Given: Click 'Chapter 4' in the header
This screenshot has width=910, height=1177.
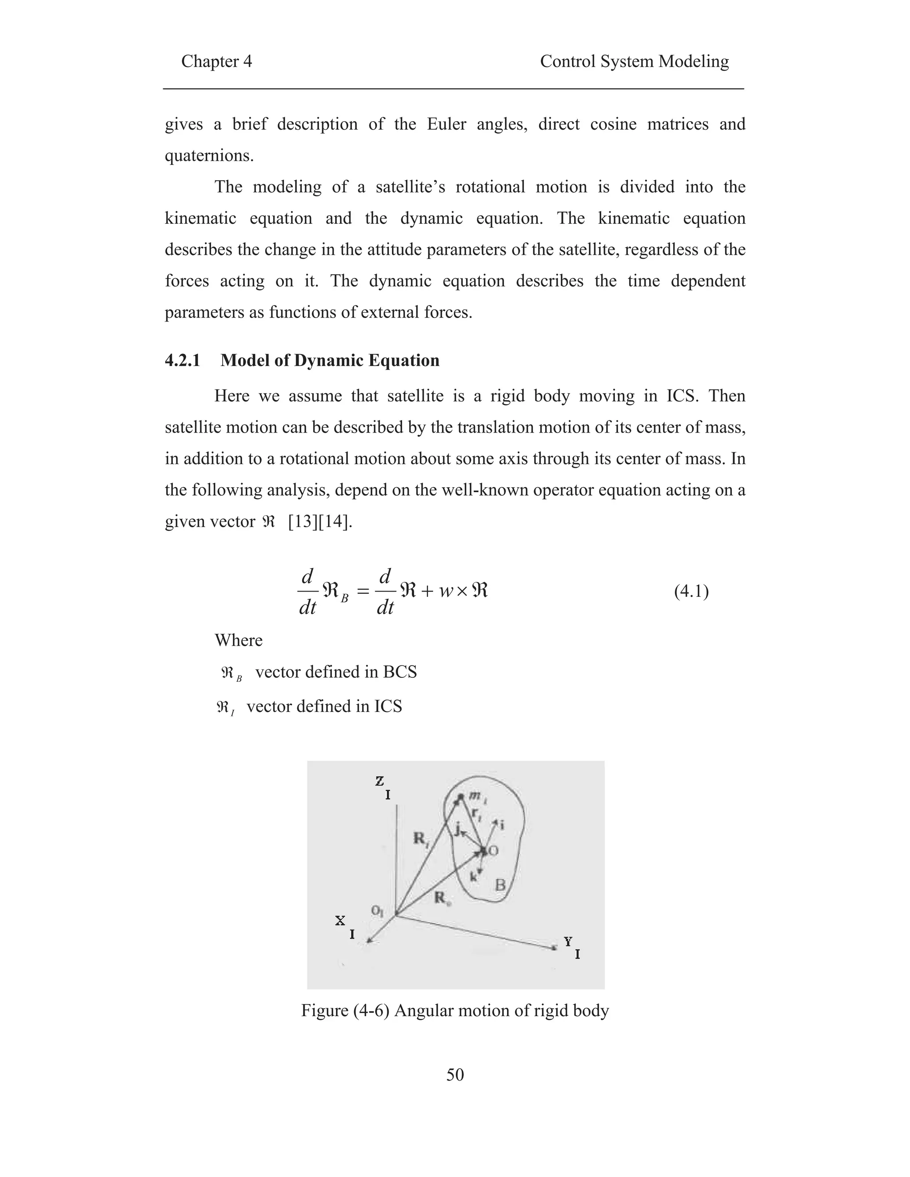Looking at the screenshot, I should (x=216, y=61).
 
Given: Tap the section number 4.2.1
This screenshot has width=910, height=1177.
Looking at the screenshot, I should (x=182, y=360).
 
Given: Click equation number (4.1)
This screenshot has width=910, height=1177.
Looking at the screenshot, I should (x=691, y=592).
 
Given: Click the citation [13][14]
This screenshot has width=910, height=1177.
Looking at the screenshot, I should (x=320, y=522).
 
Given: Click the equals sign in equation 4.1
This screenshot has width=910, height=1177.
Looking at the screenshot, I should (x=364, y=592).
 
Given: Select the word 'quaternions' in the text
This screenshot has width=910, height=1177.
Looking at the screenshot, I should (x=209, y=156).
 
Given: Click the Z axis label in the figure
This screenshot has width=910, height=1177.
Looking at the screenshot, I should (x=379, y=781).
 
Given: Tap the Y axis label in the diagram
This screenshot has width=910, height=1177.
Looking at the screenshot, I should (x=568, y=942).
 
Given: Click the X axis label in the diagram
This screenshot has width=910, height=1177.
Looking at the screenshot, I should (x=340, y=920).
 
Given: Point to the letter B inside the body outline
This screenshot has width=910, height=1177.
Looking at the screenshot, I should (x=500, y=884).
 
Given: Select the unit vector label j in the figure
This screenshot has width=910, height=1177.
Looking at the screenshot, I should (x=458, y=828).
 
